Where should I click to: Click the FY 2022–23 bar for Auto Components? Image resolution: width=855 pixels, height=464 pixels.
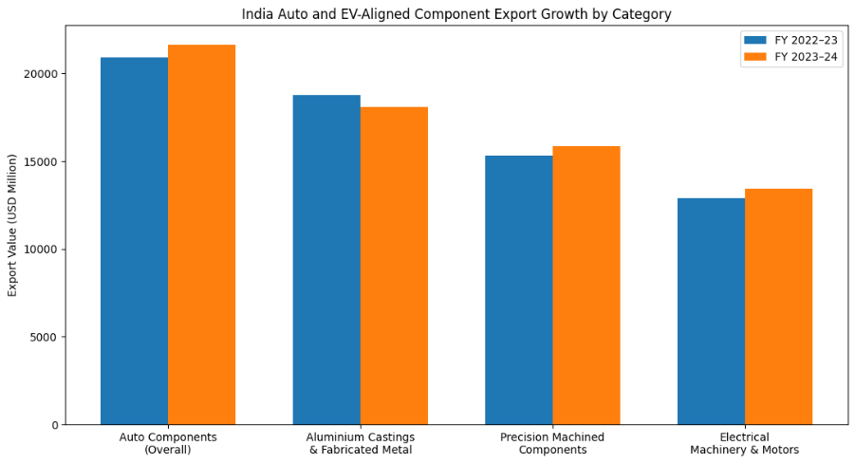[x=134, y=241]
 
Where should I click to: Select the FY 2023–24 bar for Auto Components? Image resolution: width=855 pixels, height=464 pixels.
[x=201, y=234]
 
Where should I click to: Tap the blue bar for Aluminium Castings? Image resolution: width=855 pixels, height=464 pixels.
[x=326, y=260]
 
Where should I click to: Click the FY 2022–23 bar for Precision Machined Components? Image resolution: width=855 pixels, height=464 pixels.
[x=518, y=290]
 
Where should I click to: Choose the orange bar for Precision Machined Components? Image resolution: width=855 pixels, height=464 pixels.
[x=586, y=286]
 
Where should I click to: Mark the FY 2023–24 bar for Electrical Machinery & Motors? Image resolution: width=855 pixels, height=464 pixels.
[x=778, y=306]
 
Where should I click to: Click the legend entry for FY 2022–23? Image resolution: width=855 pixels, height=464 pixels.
[x=789, y=40]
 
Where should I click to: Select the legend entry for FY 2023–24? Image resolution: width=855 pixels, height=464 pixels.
[x=789, y=57]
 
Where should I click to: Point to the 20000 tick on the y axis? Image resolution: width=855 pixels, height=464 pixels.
[x=42, y=74]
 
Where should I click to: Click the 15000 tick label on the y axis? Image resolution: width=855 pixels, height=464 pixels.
[x=42, y=162]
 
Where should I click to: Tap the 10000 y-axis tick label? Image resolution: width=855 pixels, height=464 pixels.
[x=42, y=250]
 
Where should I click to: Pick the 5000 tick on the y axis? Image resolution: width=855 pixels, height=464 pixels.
[x=45, y=337]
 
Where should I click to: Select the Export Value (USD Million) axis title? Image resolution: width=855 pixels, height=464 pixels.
[x=13, y=225]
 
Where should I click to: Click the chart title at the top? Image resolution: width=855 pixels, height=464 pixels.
[x=456, y=14]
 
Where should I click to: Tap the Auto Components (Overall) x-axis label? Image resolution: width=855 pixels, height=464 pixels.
[x=168, y=443]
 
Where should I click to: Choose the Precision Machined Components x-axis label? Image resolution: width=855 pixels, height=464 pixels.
[x=552, y=443]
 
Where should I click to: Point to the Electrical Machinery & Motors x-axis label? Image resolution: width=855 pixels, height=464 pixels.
[x=745, y=443]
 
